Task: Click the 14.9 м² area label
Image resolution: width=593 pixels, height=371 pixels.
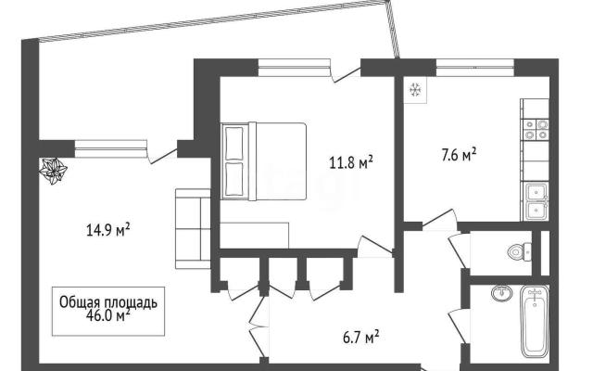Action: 108,230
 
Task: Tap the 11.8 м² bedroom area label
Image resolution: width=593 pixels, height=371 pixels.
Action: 351,163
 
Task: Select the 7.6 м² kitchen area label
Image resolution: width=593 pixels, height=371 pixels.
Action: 459,155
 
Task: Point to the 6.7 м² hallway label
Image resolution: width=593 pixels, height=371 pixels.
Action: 361,337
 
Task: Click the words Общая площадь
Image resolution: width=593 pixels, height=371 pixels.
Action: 108,302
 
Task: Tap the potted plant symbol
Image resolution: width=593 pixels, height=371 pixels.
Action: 54,171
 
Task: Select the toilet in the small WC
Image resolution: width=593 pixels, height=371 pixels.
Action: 520,251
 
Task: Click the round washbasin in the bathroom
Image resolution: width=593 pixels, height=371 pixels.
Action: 502,293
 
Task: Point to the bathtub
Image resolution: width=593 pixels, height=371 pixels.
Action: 535,322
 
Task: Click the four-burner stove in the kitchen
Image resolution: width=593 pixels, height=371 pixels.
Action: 536,130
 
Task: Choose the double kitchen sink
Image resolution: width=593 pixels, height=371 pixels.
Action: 536,201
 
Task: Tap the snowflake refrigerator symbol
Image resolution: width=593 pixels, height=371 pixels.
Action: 415,90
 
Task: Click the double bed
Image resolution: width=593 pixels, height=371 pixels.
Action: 263,160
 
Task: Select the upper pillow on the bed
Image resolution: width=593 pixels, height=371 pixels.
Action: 233,144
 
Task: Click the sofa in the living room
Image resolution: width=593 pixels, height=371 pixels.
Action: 193,229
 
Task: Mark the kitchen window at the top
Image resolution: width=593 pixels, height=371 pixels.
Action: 475,68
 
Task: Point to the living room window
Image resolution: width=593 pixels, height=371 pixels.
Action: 111,148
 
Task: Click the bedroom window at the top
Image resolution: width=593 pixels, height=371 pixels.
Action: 295,68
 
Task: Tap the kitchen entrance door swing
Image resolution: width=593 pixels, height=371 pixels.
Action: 439,220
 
